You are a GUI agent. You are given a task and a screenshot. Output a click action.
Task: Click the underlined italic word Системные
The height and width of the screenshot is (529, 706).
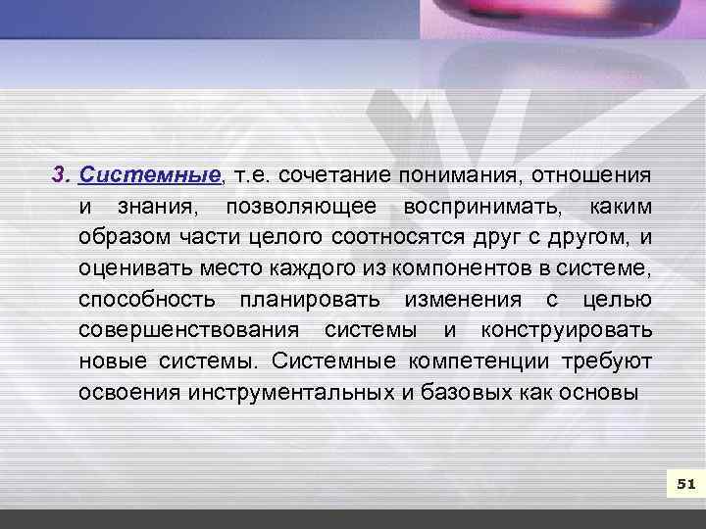pos(150,176)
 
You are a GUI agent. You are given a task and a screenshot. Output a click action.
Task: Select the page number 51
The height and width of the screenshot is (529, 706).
pos(685,484)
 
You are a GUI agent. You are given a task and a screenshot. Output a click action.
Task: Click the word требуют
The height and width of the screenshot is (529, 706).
pos(607,361)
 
